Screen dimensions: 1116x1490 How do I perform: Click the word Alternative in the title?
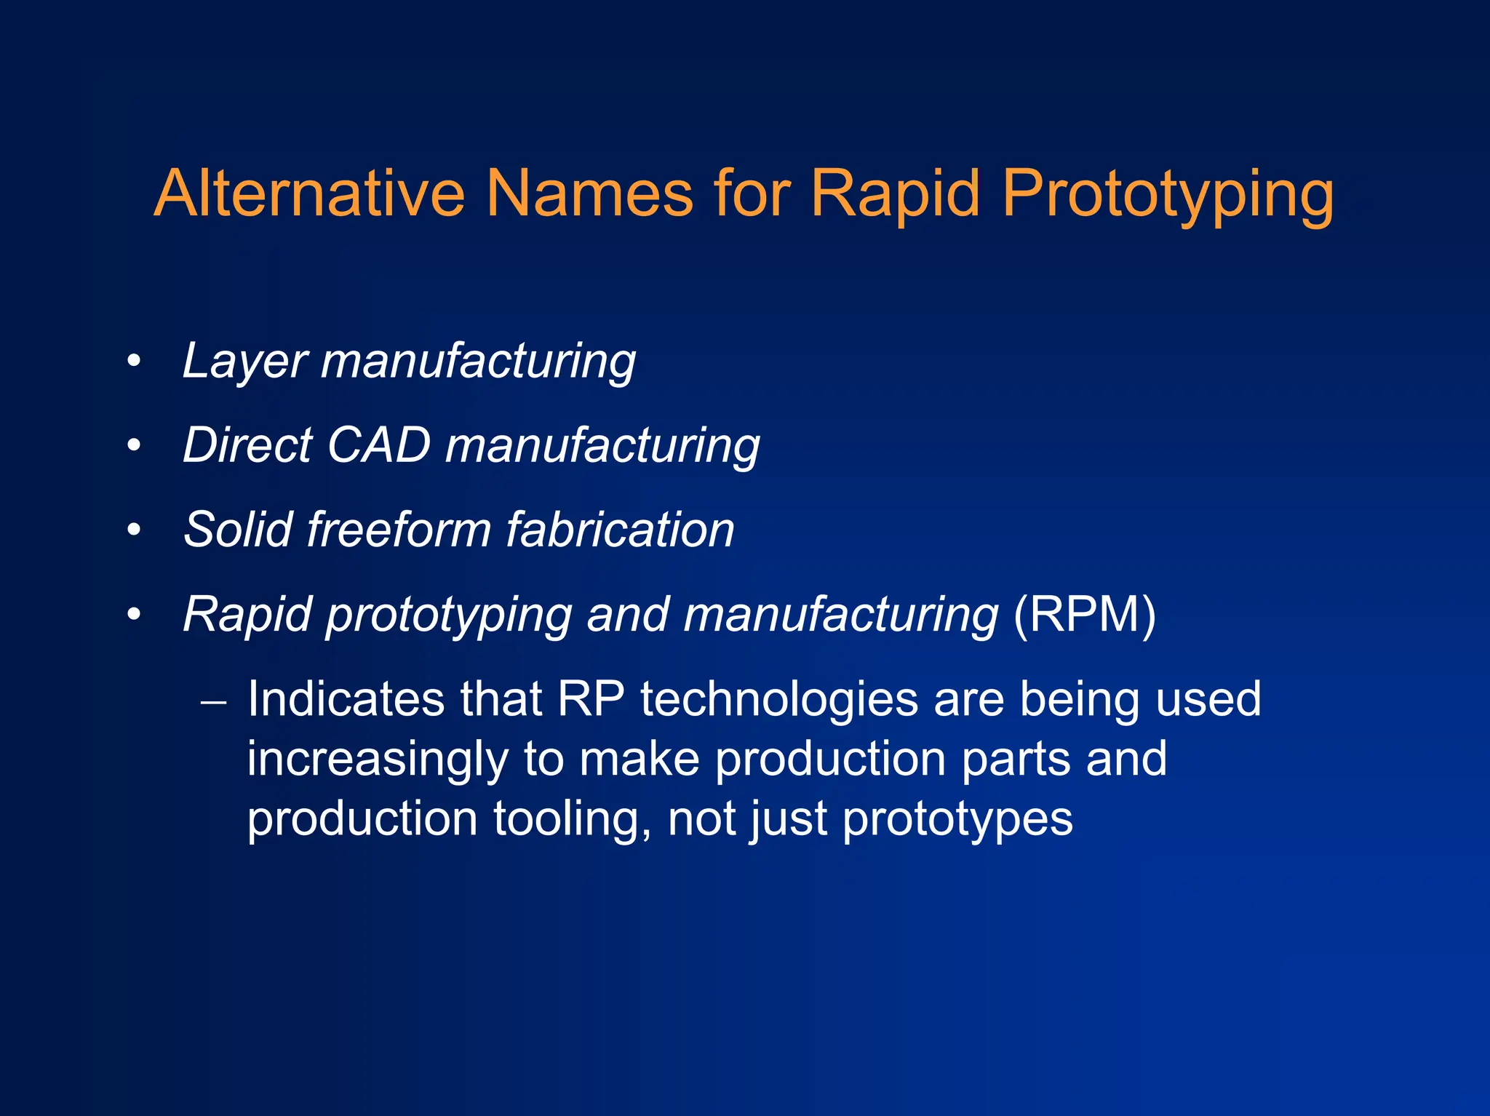coord(309,194)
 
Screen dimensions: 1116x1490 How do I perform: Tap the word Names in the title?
coord(589,194)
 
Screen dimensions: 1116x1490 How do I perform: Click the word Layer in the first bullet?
coord(245,362)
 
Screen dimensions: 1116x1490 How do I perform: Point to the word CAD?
coord(379,445)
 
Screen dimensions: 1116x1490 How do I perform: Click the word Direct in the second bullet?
coord(247,445)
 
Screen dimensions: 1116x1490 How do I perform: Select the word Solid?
coord(238,530)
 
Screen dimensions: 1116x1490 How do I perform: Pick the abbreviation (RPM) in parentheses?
coord(1084,615)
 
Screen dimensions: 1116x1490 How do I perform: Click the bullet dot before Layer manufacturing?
coord(133,362)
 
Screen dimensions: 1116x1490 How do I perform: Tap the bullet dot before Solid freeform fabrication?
coord(133,530)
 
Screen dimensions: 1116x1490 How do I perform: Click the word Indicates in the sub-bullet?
coord(346,699)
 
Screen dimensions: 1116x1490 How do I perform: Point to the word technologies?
coord(779,701)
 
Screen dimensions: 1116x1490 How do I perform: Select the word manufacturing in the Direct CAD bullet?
coord(602,446)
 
